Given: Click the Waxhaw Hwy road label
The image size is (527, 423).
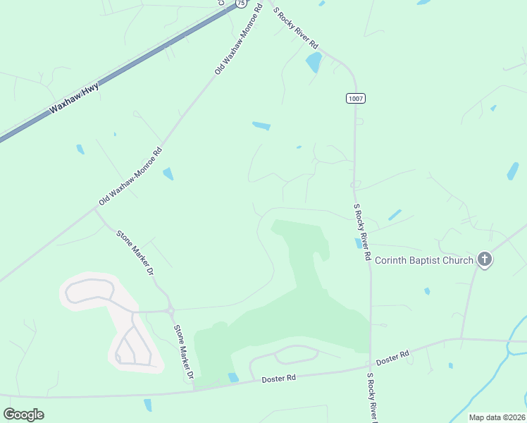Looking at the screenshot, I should [x=73, y=99].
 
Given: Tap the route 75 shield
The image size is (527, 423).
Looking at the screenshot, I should [x=240, y=4].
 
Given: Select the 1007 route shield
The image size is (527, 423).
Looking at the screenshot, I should [x=356, y=99].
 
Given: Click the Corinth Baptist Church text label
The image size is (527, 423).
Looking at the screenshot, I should [x=423, y=260].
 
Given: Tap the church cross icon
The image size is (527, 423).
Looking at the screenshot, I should [x=484, y=259].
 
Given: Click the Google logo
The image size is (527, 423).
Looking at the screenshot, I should [x=23, y=415].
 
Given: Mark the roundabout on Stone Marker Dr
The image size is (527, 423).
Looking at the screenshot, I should [x=170, y=309].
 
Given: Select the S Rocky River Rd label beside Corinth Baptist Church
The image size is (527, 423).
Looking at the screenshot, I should [x=362, y=233].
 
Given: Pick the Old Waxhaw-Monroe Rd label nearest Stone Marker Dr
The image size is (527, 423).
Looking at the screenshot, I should [x=130, y=176].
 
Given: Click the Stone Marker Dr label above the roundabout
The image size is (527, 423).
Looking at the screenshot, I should [x=135, y=252].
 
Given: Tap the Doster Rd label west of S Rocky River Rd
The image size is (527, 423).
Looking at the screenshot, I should [x=278, y=379].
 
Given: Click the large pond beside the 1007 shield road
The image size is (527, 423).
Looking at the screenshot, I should [x=314, y=62].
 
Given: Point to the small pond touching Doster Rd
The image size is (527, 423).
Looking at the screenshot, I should [x=233, y=378].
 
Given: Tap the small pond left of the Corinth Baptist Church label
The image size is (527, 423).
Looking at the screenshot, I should [x=359, y=243].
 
